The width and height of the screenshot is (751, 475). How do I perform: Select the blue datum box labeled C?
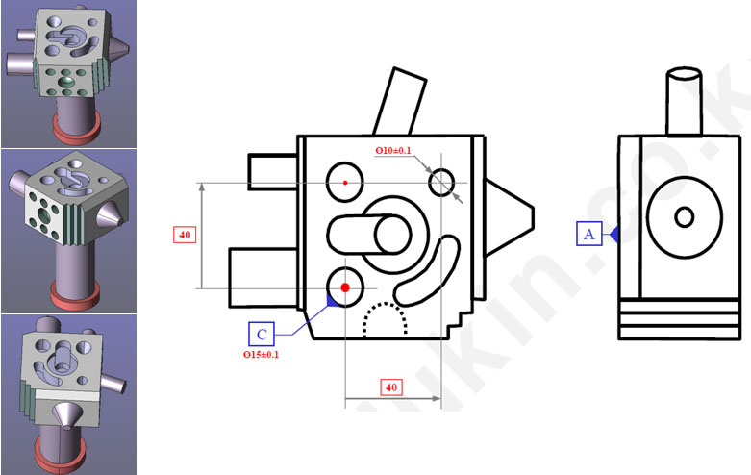261,334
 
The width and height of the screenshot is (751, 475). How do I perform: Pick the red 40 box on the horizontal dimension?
390,387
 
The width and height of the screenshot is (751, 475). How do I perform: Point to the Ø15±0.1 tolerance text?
262,355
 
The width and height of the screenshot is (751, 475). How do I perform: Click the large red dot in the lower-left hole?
345,287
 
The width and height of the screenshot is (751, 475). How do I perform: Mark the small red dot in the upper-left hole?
345,181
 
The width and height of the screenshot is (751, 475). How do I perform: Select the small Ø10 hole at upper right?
441,182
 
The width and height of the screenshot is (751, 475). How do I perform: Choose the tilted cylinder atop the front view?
400,100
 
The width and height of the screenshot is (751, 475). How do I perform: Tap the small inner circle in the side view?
684,216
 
